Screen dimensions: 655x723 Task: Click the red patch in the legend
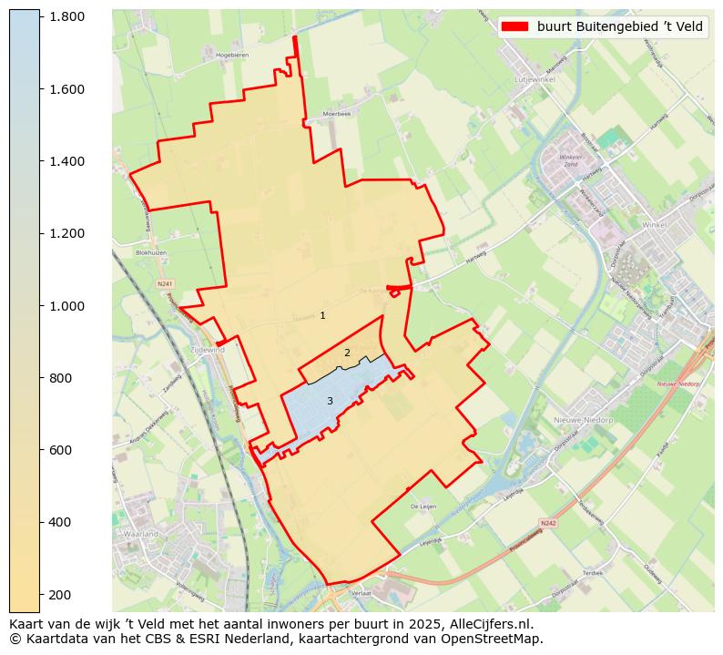[x=514, y=26]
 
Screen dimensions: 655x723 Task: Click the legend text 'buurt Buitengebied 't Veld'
[x=619, y=26]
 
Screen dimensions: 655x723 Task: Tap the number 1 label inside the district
[x=322, y=315]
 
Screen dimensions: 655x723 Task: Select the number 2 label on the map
[x=347, y=353]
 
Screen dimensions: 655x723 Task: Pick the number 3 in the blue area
[x=330, y=401]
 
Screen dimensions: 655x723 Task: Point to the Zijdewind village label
[x=207, y=350]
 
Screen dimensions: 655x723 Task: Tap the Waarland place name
[x=141, y=533]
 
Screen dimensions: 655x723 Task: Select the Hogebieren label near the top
[x=232, y=56]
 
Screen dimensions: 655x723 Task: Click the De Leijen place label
[x=424, y=506]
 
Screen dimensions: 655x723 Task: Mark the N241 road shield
[x=165, y=284]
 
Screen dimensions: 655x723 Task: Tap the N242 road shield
[x=547, y=523]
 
